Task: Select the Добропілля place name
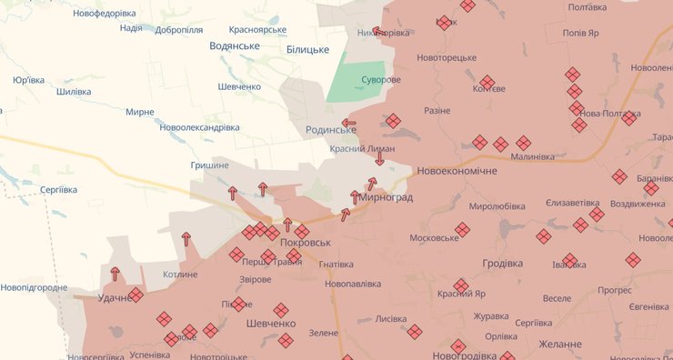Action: pos(179,29)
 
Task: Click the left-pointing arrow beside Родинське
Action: pos(348,123)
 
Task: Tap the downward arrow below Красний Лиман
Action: pos(379,159)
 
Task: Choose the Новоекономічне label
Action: pos(457,171)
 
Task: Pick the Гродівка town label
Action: pos(502,264)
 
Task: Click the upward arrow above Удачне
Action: pos(116,274)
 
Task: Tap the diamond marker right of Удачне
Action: pos(136,295)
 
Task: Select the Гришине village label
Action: pos(209,165)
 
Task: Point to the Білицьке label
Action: pos(307,49)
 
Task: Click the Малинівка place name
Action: pos(533,156)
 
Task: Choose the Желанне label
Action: pos(560,345)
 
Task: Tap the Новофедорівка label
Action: pos(105,14)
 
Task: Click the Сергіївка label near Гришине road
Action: pos(59,189)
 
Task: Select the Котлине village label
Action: pos(180,275)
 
